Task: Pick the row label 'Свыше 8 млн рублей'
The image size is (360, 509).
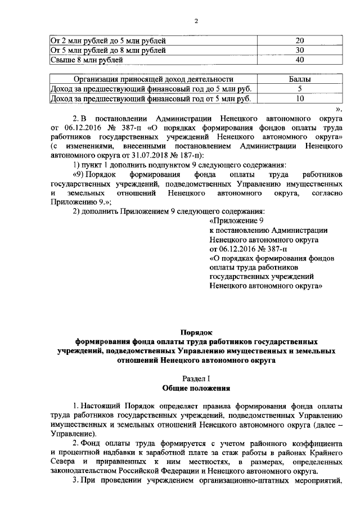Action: click(x=87, y=60)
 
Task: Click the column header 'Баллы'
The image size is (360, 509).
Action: click(x=300, y=80)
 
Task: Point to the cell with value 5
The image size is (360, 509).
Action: click(x=300, y=89)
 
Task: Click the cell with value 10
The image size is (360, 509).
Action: click(x=300, y=99)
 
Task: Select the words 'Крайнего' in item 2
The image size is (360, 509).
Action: click(x=326, y=453)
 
